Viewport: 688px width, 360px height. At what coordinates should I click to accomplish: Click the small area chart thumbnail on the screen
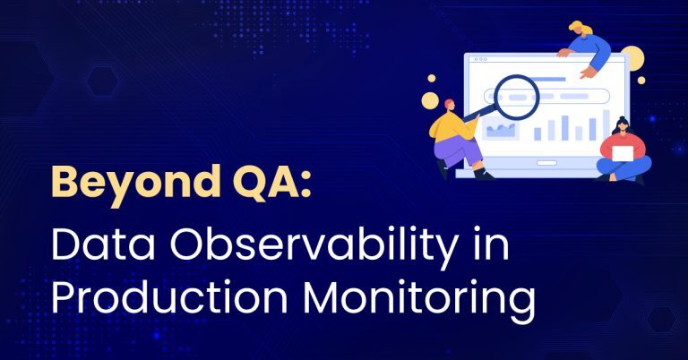pos(501,131)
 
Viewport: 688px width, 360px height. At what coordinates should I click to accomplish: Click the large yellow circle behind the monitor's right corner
pos(632,56)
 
